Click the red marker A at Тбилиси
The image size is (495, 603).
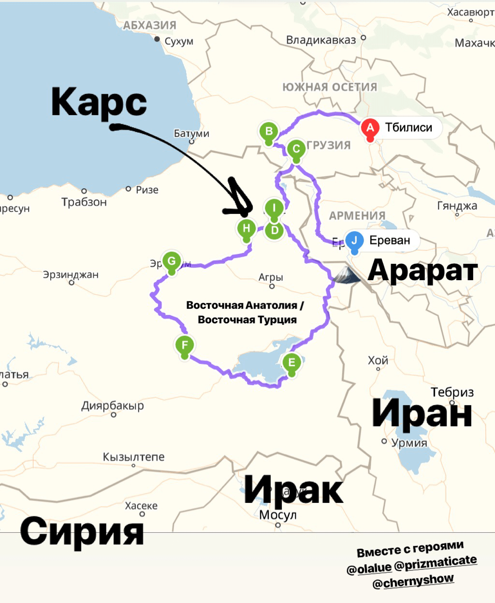370,128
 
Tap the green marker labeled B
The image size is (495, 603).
269,132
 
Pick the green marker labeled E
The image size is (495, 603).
291,362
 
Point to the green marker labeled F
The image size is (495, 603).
184,346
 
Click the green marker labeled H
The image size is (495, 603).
247,229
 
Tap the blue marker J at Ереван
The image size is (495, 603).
354,241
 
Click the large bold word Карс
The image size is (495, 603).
99,103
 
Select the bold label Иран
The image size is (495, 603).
422,414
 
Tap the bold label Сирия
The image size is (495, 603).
82,531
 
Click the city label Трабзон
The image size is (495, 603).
84,202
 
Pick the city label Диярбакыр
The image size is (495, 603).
113,406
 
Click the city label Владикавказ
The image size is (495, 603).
321,40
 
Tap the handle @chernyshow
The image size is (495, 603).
413,581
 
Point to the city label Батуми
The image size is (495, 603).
191,134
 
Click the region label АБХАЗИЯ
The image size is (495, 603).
150,25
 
